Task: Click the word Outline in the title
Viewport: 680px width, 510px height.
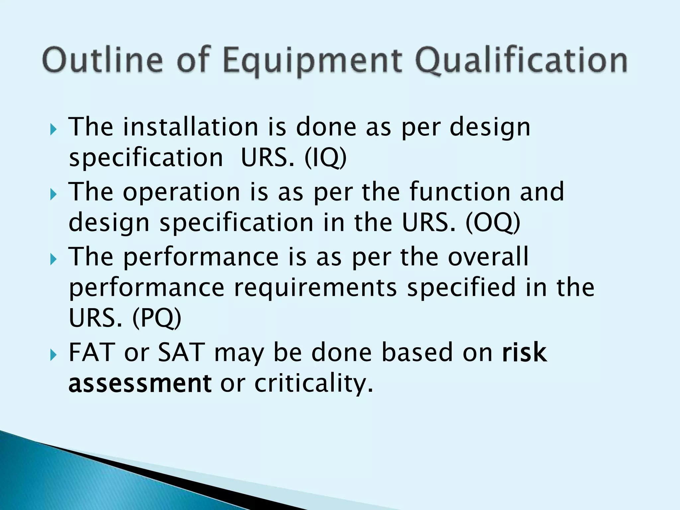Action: pyautogui.click(x=103, y=60)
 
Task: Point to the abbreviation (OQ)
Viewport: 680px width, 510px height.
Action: pyautogui.click(x=493, y=223)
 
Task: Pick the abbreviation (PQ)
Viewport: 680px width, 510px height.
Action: pyautogui.click(x=157, y=318)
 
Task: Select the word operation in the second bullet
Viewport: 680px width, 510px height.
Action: pyautogui.click(x=181, y=192)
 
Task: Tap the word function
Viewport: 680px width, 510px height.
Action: pyautogui.click(x=460, y=192)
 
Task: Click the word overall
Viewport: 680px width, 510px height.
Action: pyautogui.click(x=488, y=256)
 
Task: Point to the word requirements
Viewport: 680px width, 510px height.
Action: pyautogui.click(x=316, y=288)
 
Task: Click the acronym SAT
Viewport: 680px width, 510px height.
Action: pyautogui.click(x=181, y=352)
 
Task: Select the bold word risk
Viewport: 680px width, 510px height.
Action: pyautogui.click(x=524, y=352)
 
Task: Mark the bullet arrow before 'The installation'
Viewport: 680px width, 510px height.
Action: pyautogui.click(x=53, y=129)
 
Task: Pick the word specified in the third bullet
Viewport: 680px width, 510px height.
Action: pyautogui.click(x=461, y=288)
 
